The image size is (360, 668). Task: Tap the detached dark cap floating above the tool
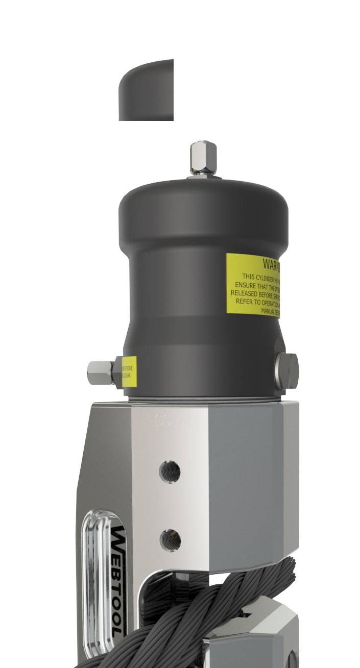pos(147,90)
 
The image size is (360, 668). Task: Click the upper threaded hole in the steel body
pos(170,471)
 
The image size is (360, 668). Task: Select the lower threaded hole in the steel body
pos(170,539)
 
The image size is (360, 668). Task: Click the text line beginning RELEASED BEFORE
pos(258,293)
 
